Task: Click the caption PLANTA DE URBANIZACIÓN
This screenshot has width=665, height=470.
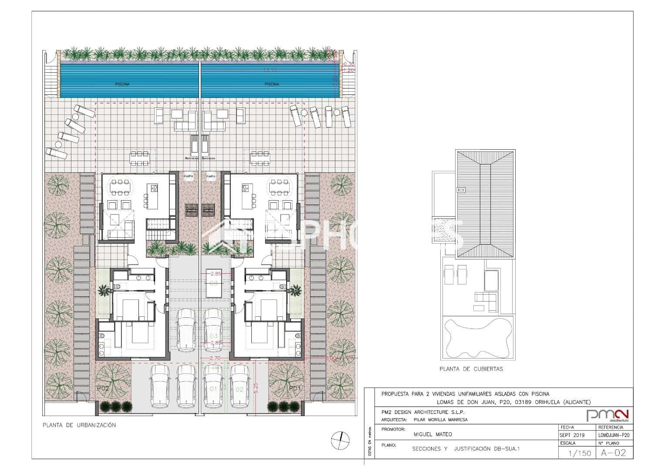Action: tap(79, 425)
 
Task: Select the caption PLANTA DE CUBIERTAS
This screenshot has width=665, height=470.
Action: tap(471, 369)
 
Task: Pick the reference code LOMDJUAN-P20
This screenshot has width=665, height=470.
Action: tap(614, 435)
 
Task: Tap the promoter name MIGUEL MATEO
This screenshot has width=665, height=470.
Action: tap(432, 434)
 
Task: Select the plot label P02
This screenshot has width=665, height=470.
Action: tap(103, 388)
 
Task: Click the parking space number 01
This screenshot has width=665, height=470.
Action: tap(213, 389)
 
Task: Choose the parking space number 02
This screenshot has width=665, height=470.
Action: tap(239, 389)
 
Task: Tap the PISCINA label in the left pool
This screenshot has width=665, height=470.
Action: tap(122, 84)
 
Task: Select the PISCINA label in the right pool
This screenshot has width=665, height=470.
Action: tap(272, 84)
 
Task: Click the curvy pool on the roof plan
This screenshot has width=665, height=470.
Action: tap(478, 338)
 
